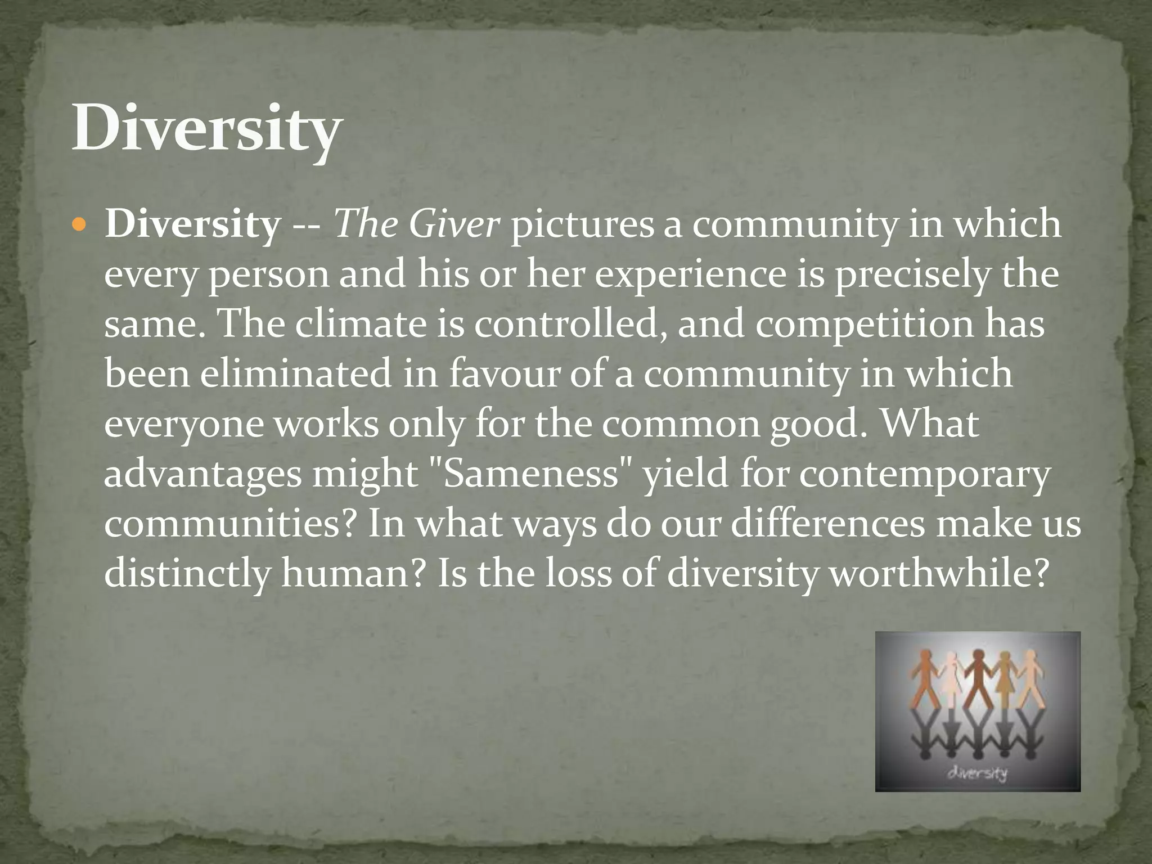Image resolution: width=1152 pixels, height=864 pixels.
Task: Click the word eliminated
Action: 295,374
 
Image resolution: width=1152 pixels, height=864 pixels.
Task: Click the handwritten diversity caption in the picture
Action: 978,773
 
